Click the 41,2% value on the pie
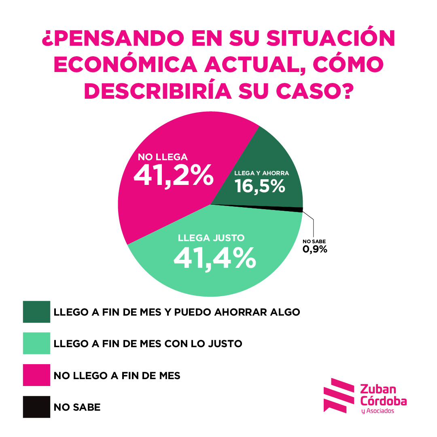pyautogui.click(x=173, y=175)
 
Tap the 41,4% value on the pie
pyautogui.click(x=214, y=257)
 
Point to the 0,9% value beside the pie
pyautogui.click(x=315, y=249)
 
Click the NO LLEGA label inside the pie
pyautogui.click(x=163, y=157)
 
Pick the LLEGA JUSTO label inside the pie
pyautogui.click(x=211, y=238)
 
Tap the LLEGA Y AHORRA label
pyautogui.click(x=261, y=173)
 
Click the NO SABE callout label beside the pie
pyautogui.click(x=314, y=242)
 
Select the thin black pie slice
pyautogui.click(x=297, y=209)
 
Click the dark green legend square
pyautogui.click(x=36, y=312)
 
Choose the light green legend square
pyautogui.click(x=36, y=343)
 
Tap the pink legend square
pyautogui.click(x=36, y=375)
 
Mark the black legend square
pyautogui.click(x=36, y=407)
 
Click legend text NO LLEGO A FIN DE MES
pyautogui.click(x=117, y=375)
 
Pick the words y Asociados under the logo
pyautogui.click(x=378, y=411)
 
